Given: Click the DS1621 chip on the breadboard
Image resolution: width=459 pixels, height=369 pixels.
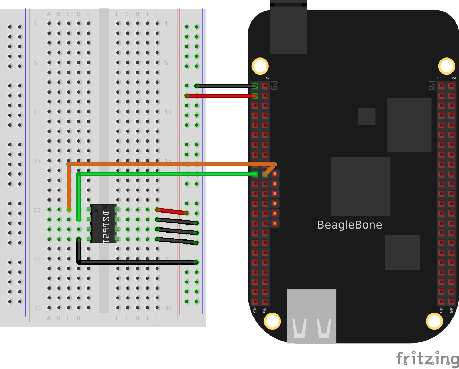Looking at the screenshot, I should [x=103, y=224].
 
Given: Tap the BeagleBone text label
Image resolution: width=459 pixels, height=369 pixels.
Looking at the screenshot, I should [x=350, y=225].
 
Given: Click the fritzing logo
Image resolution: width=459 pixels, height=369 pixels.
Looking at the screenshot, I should [x=427, y=358].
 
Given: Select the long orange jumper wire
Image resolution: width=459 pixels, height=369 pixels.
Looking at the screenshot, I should [x=164, y=164].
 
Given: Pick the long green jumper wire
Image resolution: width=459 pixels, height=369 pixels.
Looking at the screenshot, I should [x=164, y=174].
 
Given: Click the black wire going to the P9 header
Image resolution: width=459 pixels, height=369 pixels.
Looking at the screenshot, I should [x=226, y=86].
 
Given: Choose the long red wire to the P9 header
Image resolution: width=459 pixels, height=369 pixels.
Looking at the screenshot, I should [x=222, y=96].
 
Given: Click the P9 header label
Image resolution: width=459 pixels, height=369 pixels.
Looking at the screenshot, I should [x=275, y=86].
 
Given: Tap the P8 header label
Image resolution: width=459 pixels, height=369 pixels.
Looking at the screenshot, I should [x=432, y=86].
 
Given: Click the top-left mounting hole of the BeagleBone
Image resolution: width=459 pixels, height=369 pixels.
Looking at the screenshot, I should [x=260, y=66].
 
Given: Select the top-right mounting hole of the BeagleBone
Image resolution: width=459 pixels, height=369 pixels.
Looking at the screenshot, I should [x=446, y=66].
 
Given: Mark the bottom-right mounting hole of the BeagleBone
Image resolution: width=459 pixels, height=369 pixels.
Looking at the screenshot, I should [x=434, y=321].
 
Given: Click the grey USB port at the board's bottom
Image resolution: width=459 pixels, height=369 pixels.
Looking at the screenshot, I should [x=311, y=316].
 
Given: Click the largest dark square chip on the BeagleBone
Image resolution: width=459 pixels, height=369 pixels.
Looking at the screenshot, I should [x=361, y=186].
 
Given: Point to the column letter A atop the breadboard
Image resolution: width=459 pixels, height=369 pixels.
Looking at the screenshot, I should [x=49, y=14].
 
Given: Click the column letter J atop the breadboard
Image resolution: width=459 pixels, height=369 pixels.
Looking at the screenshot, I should [x=157, y=14].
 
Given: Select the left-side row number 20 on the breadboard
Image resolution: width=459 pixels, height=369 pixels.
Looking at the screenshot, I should [x=37, y=210].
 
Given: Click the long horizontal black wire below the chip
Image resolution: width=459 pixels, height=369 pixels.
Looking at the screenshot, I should [x=138, y=262].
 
